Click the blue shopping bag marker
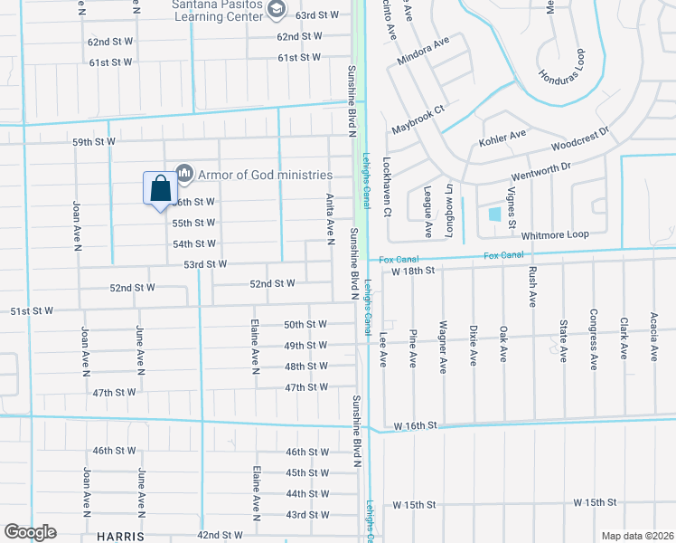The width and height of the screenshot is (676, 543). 160,189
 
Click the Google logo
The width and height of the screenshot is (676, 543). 30,532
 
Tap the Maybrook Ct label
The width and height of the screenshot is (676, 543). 418,120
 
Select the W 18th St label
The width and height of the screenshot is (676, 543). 415,270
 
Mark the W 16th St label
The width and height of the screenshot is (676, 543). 415,424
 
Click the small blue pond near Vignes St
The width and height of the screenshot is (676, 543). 494,214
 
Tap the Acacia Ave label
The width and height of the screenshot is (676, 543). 653,337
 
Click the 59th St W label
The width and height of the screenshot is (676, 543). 94,142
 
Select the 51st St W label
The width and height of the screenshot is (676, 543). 32,310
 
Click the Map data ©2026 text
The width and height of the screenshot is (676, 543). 636,536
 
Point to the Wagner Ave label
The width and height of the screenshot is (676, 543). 443,346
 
